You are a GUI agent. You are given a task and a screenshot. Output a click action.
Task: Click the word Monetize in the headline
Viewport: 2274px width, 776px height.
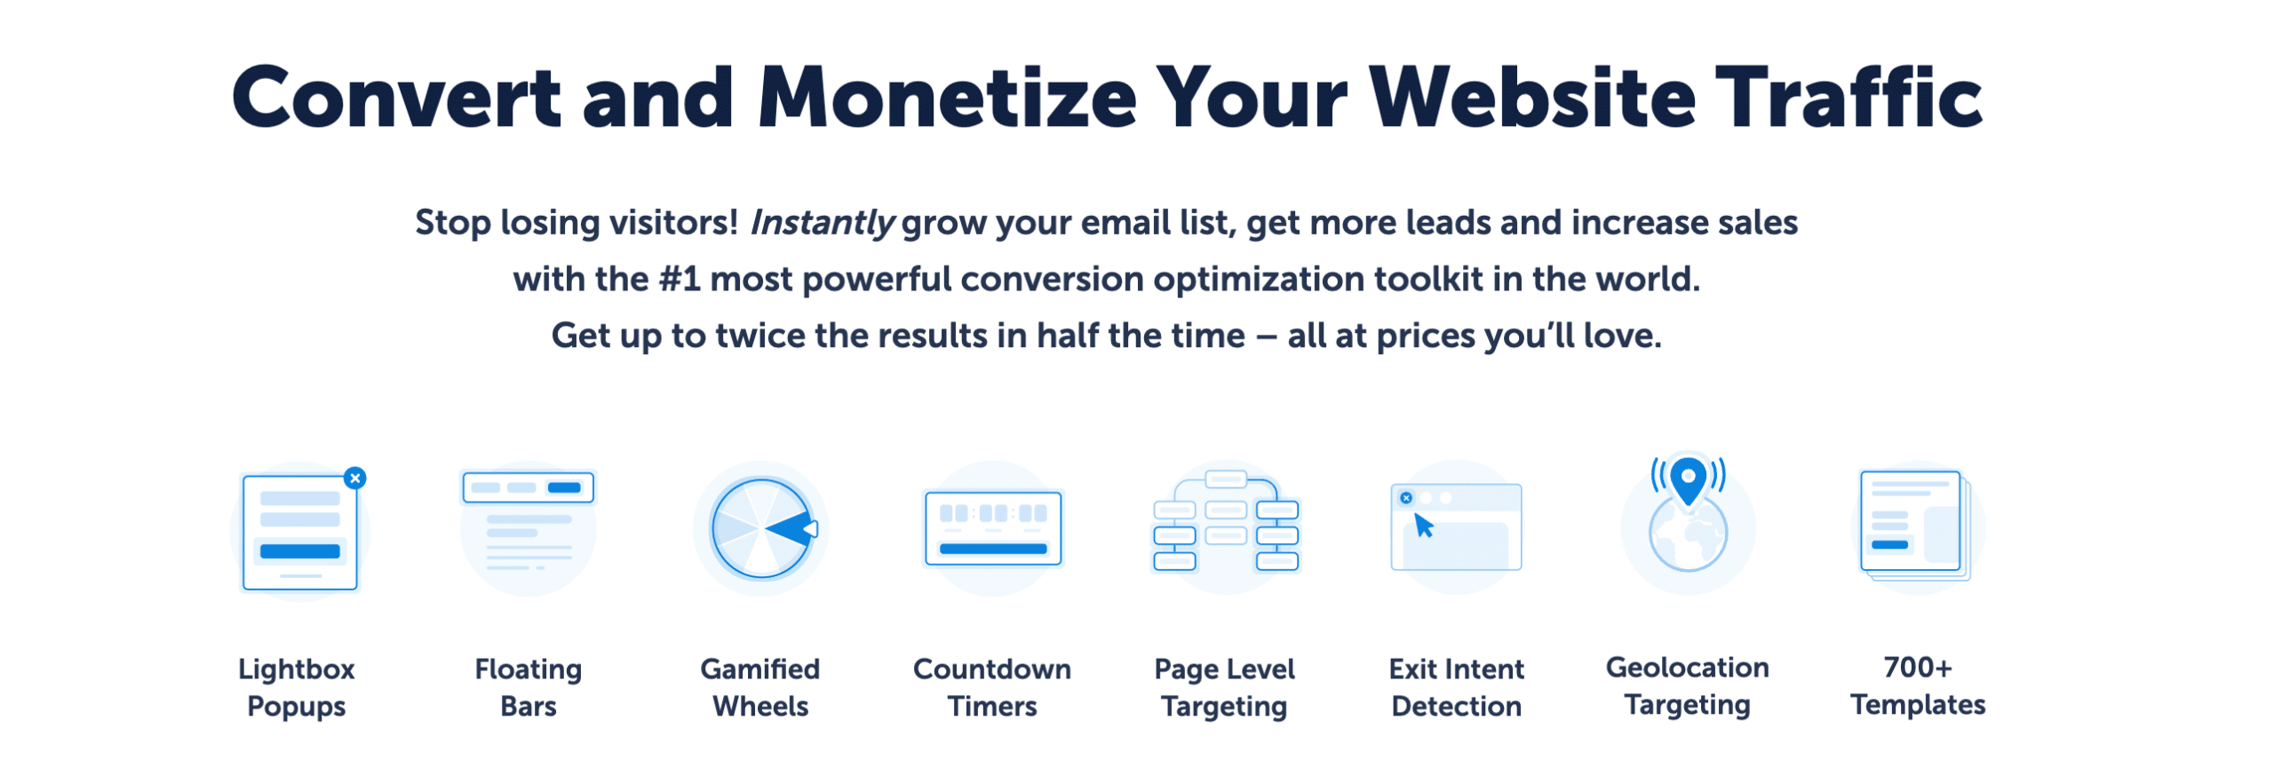pos(947,97)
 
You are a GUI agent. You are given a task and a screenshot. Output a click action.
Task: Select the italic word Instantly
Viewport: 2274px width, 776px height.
pos(823,222)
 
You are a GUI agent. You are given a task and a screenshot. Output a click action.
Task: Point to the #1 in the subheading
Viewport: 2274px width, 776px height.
pos(679,279)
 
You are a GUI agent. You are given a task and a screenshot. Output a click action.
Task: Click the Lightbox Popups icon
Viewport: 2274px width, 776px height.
pos(300,531)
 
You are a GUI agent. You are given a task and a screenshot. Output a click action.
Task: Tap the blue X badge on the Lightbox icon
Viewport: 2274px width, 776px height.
pos(355,478)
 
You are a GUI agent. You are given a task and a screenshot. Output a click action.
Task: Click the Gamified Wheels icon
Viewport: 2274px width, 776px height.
pos(761,528)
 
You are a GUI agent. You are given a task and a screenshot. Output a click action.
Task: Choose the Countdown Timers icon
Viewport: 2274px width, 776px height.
pos(993,529)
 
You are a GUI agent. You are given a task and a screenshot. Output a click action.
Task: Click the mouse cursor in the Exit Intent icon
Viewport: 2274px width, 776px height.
pos(1424,526)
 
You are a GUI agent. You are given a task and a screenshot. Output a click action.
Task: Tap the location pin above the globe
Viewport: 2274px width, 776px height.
pos(1689,480)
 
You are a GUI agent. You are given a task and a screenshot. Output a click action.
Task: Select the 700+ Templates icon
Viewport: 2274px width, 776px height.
pos(1917,529)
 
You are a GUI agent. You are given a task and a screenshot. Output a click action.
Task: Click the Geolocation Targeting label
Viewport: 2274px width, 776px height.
pos(1688,686)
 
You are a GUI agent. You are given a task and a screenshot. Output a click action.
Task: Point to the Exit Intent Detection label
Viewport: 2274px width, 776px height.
pos(1457,687)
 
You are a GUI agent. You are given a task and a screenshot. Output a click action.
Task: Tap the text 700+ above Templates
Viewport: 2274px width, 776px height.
pos(1918,667)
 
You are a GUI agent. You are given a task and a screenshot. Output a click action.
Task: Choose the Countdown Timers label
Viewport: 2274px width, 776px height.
pos(992,687)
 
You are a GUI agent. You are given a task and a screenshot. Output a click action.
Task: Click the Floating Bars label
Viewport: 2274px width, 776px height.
pos(529,687)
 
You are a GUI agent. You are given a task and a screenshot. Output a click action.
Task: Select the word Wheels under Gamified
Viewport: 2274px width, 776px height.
pos(760,706)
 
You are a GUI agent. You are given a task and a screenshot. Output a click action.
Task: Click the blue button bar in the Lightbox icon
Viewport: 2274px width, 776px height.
pos(300,551)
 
